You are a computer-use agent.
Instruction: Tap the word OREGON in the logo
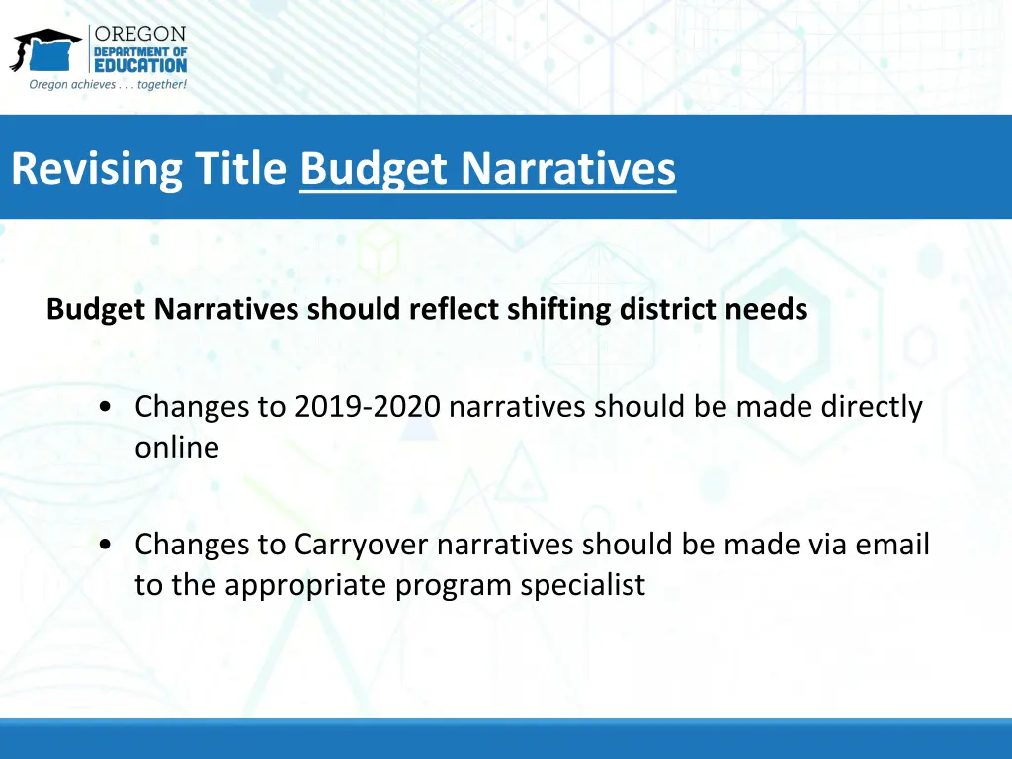pos(139,35)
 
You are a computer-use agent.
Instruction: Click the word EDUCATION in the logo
pos(139,65)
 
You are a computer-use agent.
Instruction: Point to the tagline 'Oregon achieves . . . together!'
pos(108,85)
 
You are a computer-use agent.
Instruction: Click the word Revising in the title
pos(96,169)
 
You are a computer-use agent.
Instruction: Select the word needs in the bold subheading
pos(767,310)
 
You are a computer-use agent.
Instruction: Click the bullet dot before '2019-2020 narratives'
pos(105,407)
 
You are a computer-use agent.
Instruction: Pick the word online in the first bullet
pos(177,448)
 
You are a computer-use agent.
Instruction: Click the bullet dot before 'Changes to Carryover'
pos(105,545)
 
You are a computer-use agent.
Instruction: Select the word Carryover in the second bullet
pos(362,545)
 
